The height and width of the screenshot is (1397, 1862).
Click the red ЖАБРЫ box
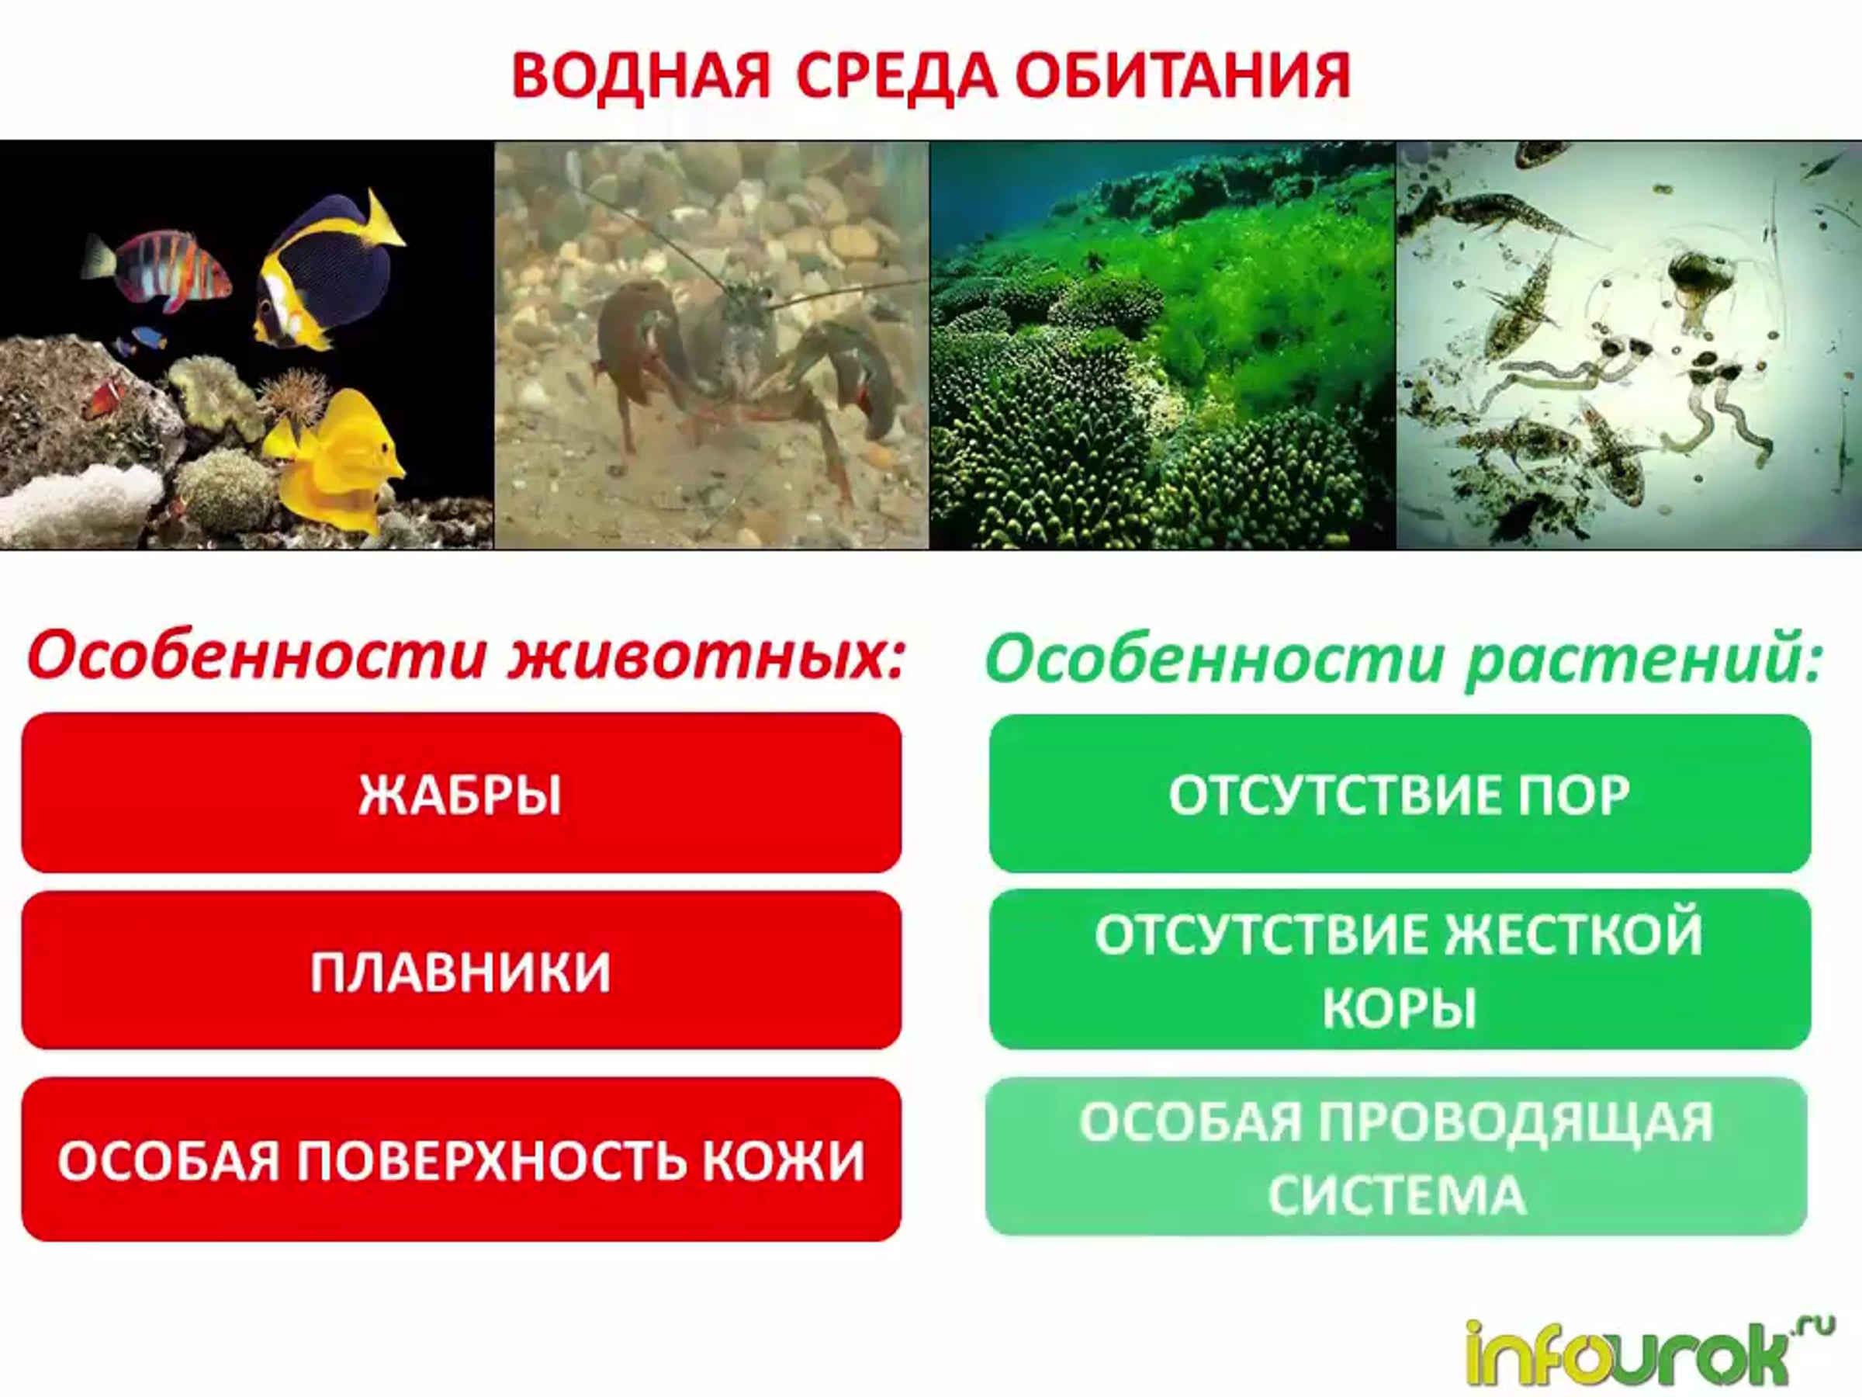(x=462, y=792)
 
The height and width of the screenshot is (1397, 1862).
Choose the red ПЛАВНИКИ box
(x=462, y=970)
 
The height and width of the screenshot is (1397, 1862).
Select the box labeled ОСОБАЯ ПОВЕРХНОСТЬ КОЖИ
(x=462, y=1159)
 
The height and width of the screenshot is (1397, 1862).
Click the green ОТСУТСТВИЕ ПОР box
(x=1399, y=792)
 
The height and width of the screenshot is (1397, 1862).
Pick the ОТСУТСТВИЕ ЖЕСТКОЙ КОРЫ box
(x=1399, y=970)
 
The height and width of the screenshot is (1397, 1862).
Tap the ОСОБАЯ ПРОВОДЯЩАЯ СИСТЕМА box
(x=1397, y=1157)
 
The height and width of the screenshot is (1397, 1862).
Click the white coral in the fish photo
(x=80, y=505)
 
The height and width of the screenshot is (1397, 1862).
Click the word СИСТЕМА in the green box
(x=1397, y=1195)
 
